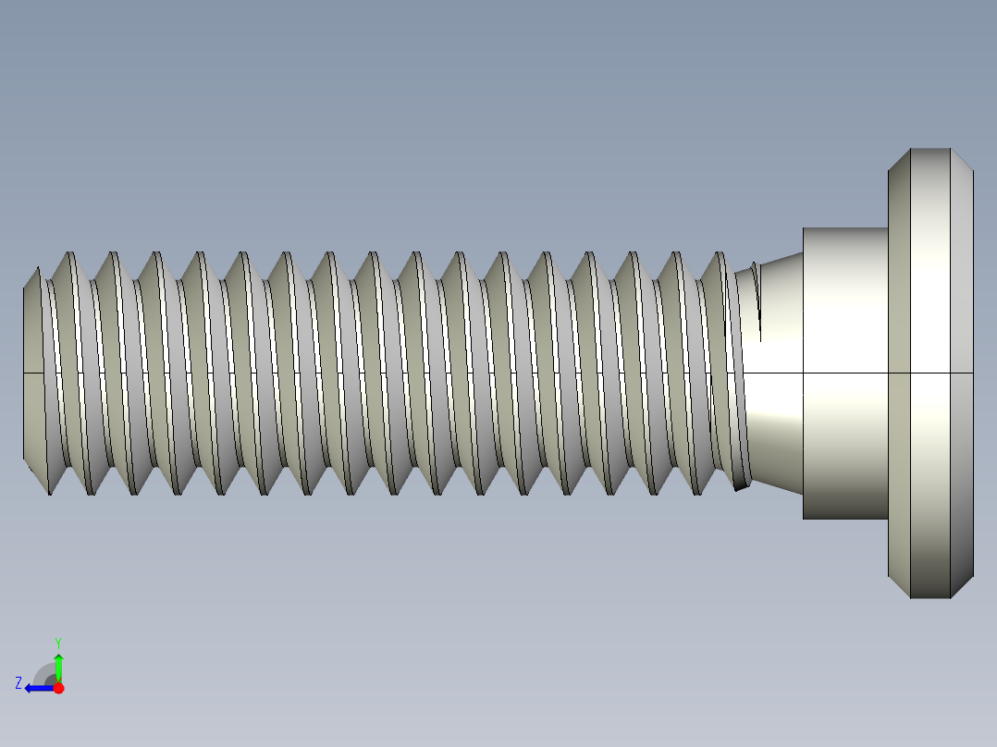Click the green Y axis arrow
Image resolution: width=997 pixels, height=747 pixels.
[x=58, y=667]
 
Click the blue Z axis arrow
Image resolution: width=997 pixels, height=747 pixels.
[x=37, y=688]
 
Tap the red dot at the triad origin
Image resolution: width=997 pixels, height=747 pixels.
[x=58, y=688]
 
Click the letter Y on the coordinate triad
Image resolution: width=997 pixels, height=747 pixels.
[x=57, y=642]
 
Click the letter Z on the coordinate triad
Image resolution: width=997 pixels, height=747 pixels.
[x=18, y=683]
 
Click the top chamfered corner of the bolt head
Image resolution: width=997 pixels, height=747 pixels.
[x=963, y=160]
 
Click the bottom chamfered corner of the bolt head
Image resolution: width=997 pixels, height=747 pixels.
[x=963, y=586]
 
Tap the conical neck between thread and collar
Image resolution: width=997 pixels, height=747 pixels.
[x=777, y=416]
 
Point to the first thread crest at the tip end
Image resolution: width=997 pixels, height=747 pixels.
[x=68, y=253]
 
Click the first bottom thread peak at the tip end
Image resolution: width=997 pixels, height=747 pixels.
[x=49, y=492]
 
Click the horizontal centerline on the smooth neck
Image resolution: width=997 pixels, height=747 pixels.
[x=772, y=373]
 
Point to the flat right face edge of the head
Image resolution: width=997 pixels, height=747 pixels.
[x=973, y=370]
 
